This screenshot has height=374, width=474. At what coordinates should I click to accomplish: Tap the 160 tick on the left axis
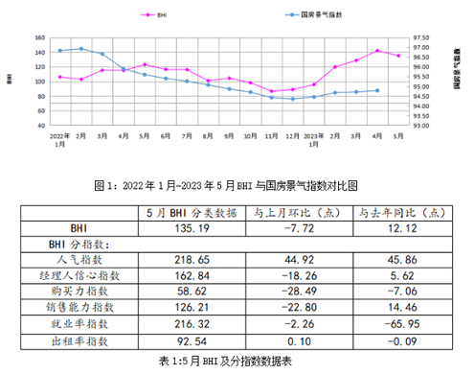point(41,37)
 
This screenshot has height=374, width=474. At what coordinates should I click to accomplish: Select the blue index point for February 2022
point(80,48)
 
